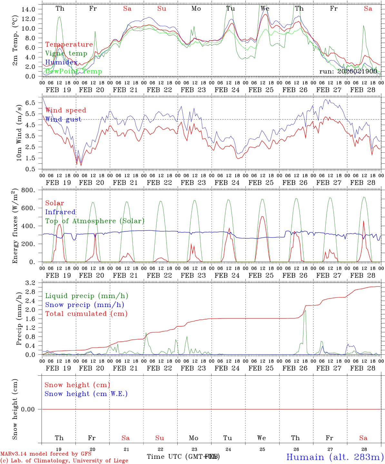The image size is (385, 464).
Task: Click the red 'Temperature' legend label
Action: tap(69, 44)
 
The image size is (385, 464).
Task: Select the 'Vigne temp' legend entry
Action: tap(66, 53)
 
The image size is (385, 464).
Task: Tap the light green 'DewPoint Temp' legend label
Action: tap(74, 71)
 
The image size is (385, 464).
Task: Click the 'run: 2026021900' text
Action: tap(348, 71)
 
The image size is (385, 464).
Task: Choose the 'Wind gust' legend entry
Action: tap(63, 119)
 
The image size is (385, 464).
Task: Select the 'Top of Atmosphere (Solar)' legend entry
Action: tap(95, 221)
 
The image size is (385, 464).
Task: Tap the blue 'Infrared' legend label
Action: tap(60, 212)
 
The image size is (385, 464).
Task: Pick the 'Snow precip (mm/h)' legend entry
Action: tap(84, 305)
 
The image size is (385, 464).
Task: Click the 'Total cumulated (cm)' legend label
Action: tap(86, 314)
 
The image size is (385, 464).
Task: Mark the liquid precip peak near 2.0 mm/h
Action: tap(305, 311)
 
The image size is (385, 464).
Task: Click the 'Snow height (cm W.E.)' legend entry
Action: tap(86, 394)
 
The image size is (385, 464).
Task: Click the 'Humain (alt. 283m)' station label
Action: tap(335, 457)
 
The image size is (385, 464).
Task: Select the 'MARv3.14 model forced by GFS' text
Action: tap(45, 454)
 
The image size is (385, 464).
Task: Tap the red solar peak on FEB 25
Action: tap(262, 217)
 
